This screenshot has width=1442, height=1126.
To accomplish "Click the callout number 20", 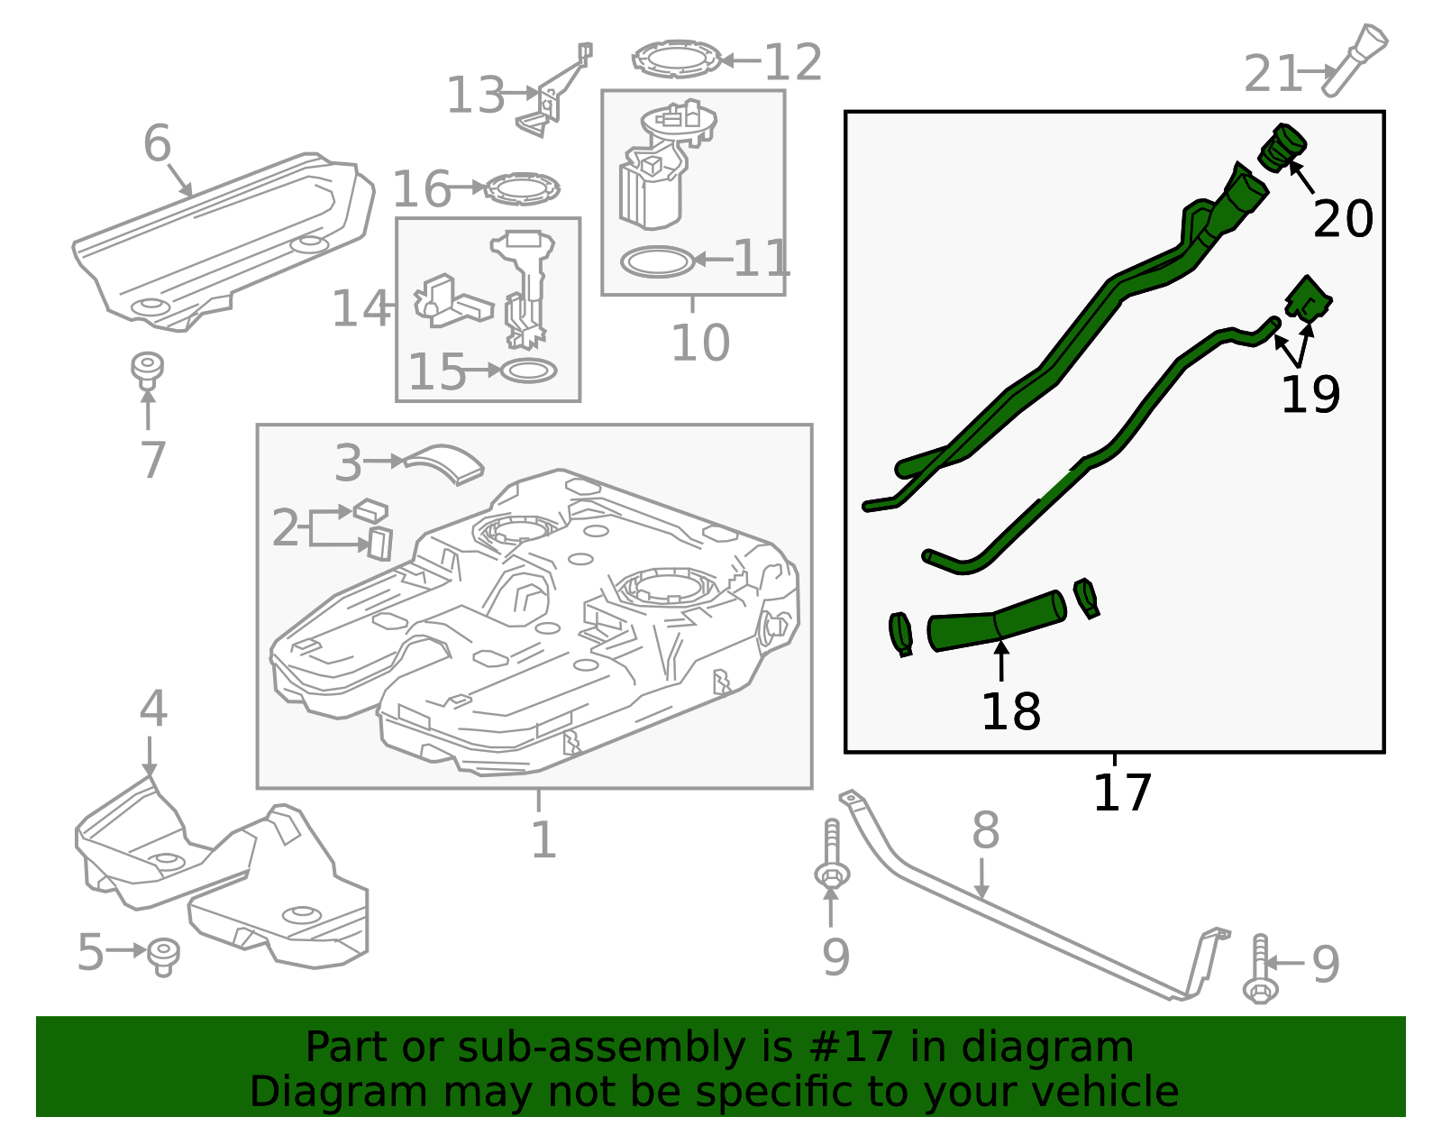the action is pyautogui.click(x=1343, y=219).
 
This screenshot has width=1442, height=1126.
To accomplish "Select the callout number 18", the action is pyautogui.click(x=1010, y=711).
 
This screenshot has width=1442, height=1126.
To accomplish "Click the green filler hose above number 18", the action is pyautogui.click(x=997, y=620).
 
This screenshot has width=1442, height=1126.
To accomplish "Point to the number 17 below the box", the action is pyautogui.click(x=1122, y=792).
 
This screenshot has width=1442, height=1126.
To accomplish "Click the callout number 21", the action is pyautogui.click(x=1273, y=73).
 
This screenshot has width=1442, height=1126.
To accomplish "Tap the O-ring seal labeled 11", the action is pyautogui.click(x=657, y=262).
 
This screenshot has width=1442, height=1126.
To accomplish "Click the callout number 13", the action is pyautogui.click(x=476, y=96).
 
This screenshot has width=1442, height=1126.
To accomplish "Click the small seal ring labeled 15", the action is pyautogui.click(x=528, y=371).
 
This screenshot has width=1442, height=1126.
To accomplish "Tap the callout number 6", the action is pyautogui.click(x=158, y=143).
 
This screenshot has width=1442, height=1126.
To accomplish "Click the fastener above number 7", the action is pyautogui.click(x=147, y=371).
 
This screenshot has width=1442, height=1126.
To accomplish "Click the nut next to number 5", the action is pyautogui.click(x=163, y=957).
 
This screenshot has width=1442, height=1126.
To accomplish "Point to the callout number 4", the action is pyautogui.click(x=153, y=708).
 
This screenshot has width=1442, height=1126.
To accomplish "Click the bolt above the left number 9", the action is pyautogui.click(x=832, y=855).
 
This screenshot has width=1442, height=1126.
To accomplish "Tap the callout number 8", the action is pyautogui.click(x=985, y=830).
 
